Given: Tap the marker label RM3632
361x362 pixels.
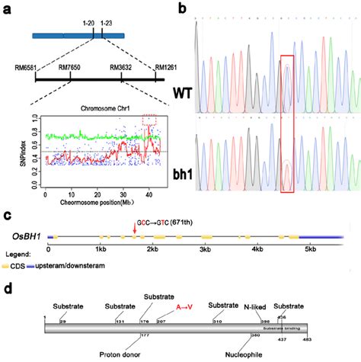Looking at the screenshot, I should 122,67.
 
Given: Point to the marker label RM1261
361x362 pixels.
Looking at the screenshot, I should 167,67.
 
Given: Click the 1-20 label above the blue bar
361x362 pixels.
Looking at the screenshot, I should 90,24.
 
